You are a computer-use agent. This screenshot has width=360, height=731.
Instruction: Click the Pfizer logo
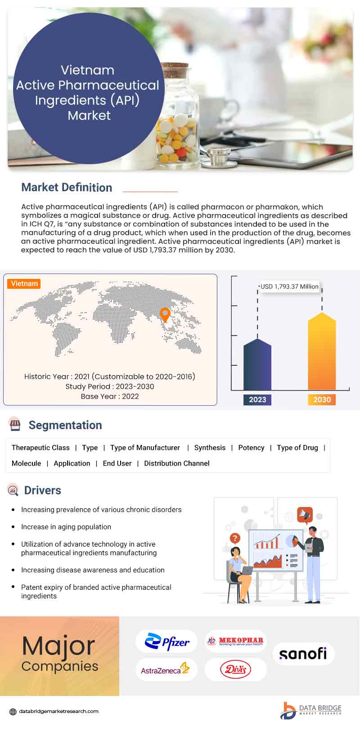167,642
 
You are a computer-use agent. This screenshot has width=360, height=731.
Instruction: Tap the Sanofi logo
303,653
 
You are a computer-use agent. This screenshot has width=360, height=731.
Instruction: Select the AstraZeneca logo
165,669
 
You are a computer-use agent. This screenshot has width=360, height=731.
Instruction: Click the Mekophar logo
235,641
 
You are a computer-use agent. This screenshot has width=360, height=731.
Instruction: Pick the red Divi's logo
235,669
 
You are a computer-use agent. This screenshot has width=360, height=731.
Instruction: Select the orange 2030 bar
322,353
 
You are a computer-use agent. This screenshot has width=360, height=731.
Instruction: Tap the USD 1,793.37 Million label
289,287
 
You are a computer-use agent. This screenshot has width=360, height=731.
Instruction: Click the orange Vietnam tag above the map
24,283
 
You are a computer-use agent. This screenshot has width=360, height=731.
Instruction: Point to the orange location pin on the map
165,314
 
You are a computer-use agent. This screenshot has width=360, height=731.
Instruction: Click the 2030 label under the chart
322,399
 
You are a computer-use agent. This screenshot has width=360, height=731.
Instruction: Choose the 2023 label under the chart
257,399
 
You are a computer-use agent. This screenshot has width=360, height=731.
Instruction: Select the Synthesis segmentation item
210,448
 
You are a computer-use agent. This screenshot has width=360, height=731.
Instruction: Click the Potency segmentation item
251,448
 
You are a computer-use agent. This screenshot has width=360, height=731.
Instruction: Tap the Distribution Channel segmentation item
176,463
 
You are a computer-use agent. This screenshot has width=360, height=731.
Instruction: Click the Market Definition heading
67,188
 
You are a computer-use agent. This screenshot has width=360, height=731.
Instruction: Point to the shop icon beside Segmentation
15,424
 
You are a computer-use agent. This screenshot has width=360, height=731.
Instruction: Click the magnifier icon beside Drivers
13,490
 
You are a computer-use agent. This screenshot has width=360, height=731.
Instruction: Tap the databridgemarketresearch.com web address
58,711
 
